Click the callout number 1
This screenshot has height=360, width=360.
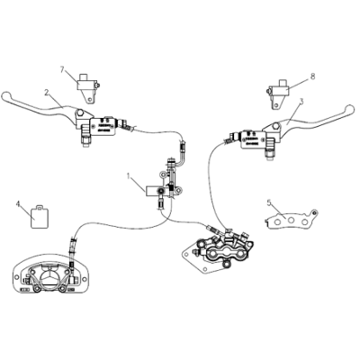click(129, 175)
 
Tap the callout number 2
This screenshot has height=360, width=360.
click(46, 92)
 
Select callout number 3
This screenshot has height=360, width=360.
click(302, 101)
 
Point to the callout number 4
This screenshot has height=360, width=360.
click(18, 204)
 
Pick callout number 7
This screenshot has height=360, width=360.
click(62, 69)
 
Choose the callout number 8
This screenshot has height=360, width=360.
click(312, 76)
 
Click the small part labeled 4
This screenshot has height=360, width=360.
click(40, 217)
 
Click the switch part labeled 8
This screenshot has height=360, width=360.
click(275, 91)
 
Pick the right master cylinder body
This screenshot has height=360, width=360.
click(256, 136)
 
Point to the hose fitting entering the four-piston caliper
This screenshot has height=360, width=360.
click(211, 226)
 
